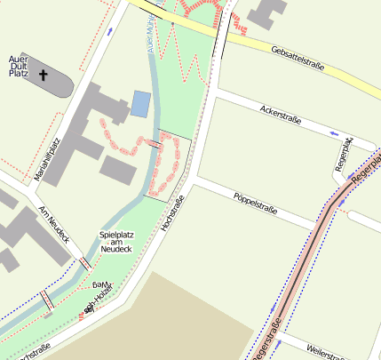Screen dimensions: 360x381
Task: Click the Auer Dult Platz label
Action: [19, 65]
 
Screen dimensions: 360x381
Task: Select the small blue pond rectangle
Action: [140, 104]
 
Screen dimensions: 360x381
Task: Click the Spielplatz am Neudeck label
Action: [115, 242]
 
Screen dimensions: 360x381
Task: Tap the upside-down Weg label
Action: [104, 283]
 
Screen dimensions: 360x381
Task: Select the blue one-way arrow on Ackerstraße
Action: [335, 133]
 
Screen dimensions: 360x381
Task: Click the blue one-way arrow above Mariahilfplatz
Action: [109, 29]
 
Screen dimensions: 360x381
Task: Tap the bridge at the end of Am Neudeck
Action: [85, 264]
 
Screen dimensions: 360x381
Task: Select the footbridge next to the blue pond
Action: [155, 143]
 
